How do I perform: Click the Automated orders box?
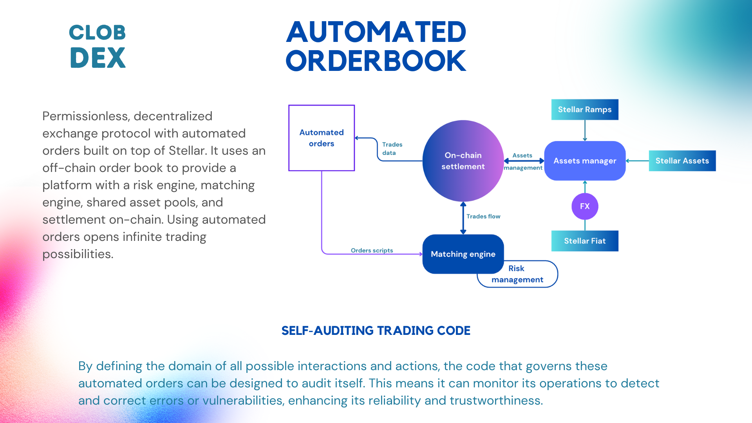pyautogui.click(x=322, y=138)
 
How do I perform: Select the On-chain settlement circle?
pyautogui.click(x=463, y=161)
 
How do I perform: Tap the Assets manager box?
pyautogui.click(x=585, y=161)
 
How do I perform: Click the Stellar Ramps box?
pyautogui.click(x=585, y=110)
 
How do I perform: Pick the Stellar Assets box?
pyautogui.click(x=682, y=161)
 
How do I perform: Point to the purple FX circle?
pyautogui.click(x=585, y=206)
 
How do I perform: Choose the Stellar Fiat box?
pyautogui.click(x=585, y=241)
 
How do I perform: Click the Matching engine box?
pyautogui.click(x=463, y=254)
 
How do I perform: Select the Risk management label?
pyautogui.click(x=517, y=274)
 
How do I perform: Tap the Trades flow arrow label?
pyautogui.click(x=483, y=216)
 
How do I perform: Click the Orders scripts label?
pyautogui.click(x=372, y=250)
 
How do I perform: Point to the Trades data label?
pyautogui.click(x=392, y=148)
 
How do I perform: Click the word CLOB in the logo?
pyautogui.click(x=97, y=33)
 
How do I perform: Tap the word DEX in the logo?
pyautogui.click(x=98, y=58)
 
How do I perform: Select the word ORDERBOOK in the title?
pyautogui.click(x=376, y=61)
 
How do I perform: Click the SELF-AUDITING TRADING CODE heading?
pyautogui.click(x=376, y=331)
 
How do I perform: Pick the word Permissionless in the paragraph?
pyautogui.click(x=86, y=116)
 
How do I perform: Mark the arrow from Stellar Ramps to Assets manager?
pyautogui.click(x=585, y=130)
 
